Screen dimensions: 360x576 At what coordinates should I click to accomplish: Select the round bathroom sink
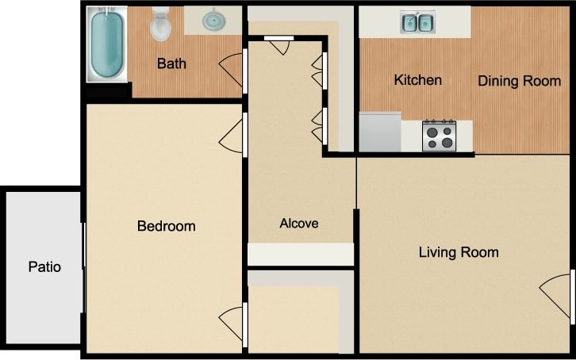pyautogui.click(x=213, y=20)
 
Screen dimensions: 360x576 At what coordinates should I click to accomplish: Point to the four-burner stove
pyautogui.click(x=439, y=135)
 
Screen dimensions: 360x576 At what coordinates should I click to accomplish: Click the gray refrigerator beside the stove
pyautogui.click(x=380, y=131)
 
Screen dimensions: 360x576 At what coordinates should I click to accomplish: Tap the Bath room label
pyautogui.click(x=171, y=63)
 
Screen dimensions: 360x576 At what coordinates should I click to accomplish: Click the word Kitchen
pyautogui.click(x=418, y=80)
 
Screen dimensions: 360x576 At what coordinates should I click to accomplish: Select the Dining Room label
pyautogui.click(x=519, y=81)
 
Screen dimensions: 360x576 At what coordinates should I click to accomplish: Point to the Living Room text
pyautogui.click(x=459, y=252)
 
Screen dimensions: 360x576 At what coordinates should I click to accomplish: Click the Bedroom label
pyautogui.click(x=166, y=226)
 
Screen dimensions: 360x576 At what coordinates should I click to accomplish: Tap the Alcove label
pyautogui.click(x=299, y=224)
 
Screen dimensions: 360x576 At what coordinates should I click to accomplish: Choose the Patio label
pyautogui.click(x=44, y=266)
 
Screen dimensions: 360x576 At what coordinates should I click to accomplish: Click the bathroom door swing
pyautogui.click(x=232, y=71)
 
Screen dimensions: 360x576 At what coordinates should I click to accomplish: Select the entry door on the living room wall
pyautogui.click(x=557, y=297)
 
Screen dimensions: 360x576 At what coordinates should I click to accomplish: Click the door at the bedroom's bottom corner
pyautogui.click(x=232, y=324)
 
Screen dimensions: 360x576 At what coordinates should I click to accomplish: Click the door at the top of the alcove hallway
pyautogui.click(x=279, y=45)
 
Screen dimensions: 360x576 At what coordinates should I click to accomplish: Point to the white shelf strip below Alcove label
pyautogui.click(x=301, y=254)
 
